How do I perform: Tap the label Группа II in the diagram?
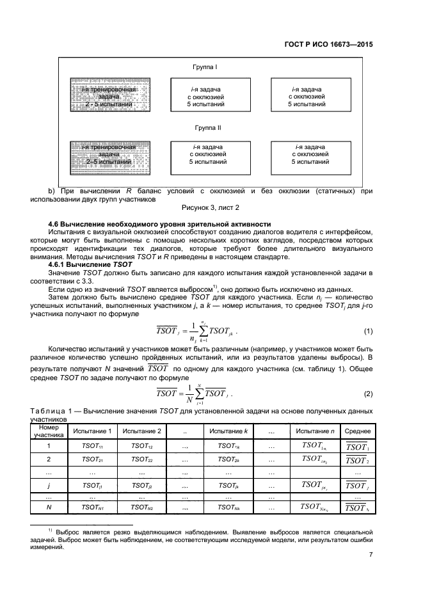click(208, 127)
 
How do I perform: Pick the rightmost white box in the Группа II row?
click(310, 157)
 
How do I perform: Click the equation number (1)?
click(368, 331)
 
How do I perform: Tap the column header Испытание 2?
click(141, 431)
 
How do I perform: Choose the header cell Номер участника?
click(49, 431)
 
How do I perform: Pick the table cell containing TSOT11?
click(92, 445)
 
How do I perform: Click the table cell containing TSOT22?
click(141, 459)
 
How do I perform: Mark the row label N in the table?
click(49, 507)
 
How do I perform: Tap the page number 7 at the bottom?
click(371, 555)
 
